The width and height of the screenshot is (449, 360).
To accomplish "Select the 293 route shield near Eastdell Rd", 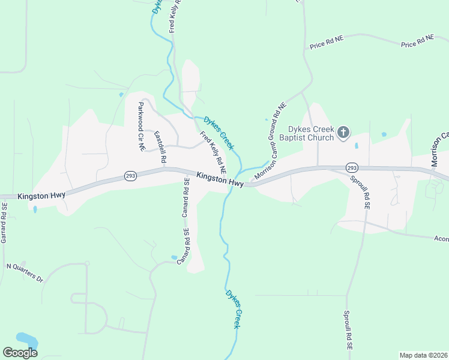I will tap(130, 176).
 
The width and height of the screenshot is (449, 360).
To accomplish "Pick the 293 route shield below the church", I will tap(352, 167).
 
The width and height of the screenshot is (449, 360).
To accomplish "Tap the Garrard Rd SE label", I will tap(4, 222).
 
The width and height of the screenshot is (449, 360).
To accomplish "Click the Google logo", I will tap(20, 353).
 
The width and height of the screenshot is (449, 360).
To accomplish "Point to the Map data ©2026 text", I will tap(424, 355).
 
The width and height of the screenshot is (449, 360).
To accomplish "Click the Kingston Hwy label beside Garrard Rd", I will tap(41, 195).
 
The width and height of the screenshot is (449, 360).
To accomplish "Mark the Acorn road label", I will tap(441, 238).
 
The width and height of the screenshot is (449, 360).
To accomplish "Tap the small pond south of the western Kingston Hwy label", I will tap(35, 209).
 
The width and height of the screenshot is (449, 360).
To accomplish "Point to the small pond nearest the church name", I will tap(357, 145).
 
